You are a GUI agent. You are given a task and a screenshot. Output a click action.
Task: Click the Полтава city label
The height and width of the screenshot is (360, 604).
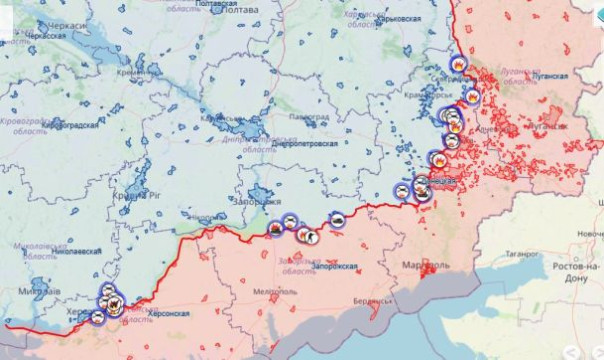[240, 10]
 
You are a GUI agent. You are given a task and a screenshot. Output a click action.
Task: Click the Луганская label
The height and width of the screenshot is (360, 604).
[549, 76]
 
